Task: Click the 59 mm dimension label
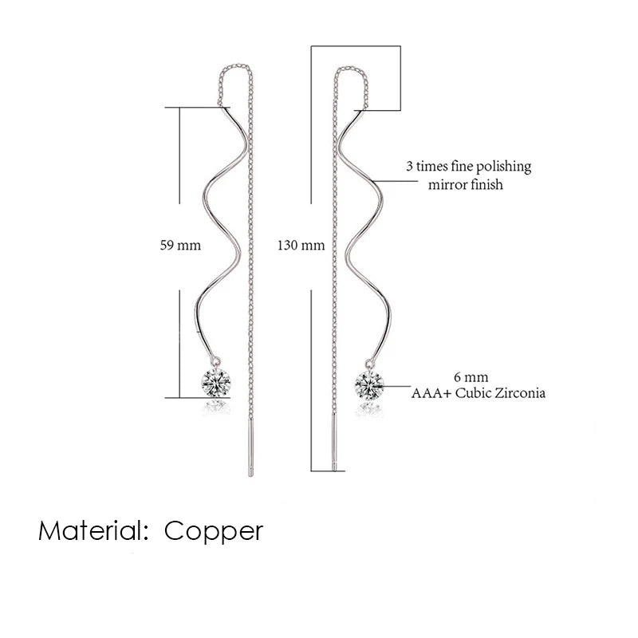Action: (x=179, y=246)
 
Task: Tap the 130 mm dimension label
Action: (x=301, y=246)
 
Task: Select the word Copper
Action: (x=214, y=530)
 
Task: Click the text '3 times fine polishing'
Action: (x=468, y=167)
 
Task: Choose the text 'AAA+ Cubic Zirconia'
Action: (x=478, y=393)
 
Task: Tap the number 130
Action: (x=289, y=246)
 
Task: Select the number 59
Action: (x=167, y=246)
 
